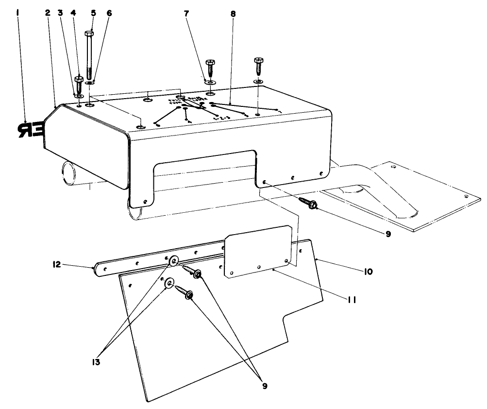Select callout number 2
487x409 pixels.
[x=48, y=12]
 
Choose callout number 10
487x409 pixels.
[x=367, y=272]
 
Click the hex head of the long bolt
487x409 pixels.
[x=89, y=34]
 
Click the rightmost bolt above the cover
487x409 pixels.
[x=258, y=63]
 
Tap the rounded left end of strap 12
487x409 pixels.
[x=99, y=269]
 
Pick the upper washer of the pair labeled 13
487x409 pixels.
[x=173, y=263]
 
